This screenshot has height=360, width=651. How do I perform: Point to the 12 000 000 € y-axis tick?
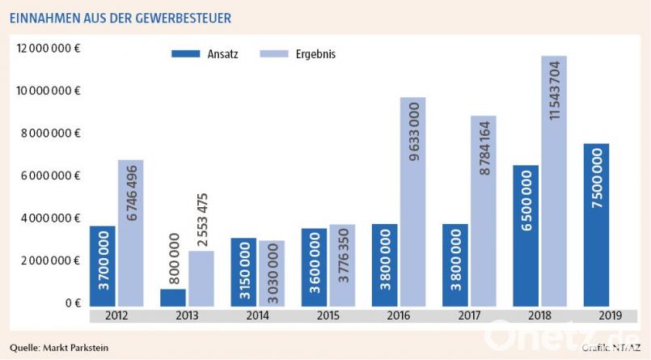coord(49,49)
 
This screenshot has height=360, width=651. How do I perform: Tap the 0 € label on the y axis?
coord(72,303)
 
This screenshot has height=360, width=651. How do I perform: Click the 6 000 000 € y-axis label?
coord(49,176)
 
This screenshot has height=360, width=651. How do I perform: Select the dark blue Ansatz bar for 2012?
coord(103,266)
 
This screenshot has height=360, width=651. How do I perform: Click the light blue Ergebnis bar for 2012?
coord(130,234)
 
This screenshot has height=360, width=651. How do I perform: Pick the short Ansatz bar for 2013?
coord(172,298)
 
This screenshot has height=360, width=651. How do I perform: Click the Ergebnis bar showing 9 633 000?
coord(412,202)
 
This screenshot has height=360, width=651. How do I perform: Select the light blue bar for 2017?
coord(484,211)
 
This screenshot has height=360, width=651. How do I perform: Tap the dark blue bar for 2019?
coord(596,225)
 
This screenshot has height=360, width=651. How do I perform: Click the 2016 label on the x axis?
coord(399,315)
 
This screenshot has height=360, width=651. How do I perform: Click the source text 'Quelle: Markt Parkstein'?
coord(59,348)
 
